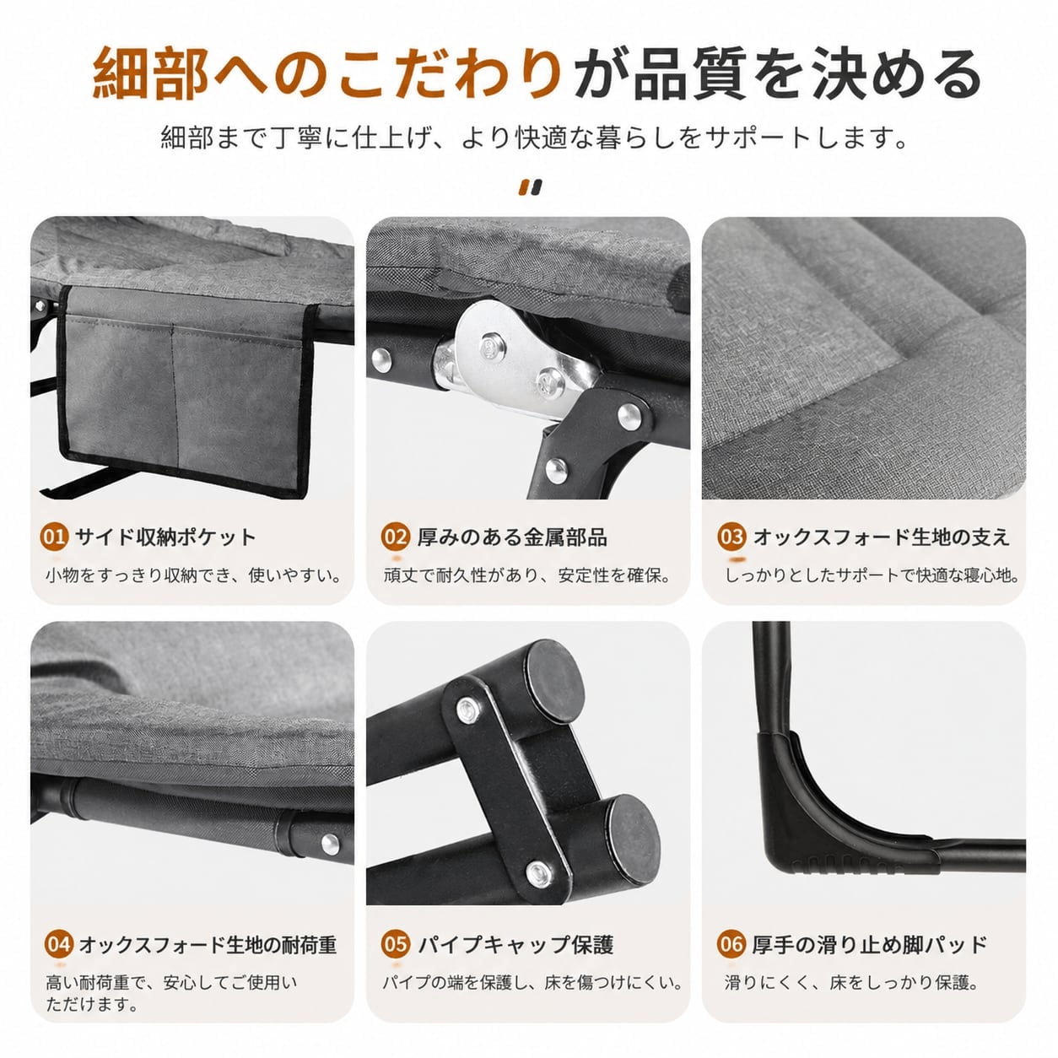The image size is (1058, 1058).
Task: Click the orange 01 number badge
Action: (x=54, y=537)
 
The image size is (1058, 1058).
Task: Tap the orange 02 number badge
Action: (x=395, y=537)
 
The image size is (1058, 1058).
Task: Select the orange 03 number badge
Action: (x=731, y=537)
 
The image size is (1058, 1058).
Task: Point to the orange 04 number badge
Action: (x=59, y=944)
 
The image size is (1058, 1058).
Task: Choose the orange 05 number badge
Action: (x=395, y=944)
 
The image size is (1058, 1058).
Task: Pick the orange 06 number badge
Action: (x=731, y=944)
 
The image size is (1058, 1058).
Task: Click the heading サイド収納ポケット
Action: (x=165, y=537)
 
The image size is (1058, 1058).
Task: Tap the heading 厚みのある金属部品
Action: (x=512, y=537)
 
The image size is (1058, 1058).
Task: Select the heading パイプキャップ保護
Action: (x=516, y=944)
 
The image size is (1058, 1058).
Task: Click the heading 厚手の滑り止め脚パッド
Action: (x=870, y=944)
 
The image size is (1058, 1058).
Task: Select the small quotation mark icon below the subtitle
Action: (x=531, y=188)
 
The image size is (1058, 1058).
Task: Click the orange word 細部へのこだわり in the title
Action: (x=327, y=74)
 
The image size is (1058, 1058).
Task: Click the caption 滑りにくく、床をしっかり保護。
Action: (x=851, y=983)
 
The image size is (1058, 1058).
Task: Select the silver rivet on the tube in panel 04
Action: (x=330, y=845)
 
